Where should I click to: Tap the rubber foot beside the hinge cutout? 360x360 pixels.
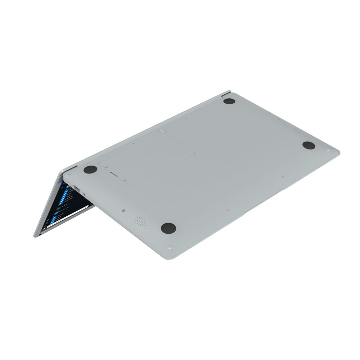[229, 101]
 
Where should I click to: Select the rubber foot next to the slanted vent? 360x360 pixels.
[309, 145]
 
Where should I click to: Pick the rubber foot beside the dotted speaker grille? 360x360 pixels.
[168, 227]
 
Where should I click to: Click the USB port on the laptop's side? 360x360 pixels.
[77, 188]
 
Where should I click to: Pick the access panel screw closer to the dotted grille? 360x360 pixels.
[124, 179]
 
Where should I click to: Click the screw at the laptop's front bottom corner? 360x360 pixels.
[169, 247]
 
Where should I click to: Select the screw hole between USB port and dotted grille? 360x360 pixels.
[123, 208]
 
